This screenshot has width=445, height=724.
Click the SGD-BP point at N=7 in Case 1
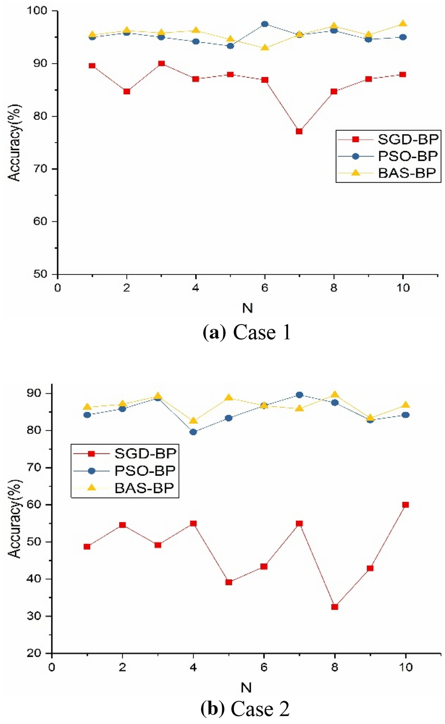[299, 131]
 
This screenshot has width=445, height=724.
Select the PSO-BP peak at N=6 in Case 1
[265, 24]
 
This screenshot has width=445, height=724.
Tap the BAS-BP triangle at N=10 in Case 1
[403, 23]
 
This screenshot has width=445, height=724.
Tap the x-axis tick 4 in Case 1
[196, 288]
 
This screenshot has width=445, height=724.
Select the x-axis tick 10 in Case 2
[406, 667]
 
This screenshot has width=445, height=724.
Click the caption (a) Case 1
[247, 332]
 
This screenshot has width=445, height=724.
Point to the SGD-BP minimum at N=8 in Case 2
[335, 607]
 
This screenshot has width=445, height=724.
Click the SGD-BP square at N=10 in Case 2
[406, 505]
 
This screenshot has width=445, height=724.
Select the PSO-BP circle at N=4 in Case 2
[193, 432]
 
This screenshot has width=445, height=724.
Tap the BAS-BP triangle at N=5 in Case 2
[228, 398]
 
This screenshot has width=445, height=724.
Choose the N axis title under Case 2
[246, 688]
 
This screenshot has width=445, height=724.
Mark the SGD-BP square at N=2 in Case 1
[127, 91]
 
